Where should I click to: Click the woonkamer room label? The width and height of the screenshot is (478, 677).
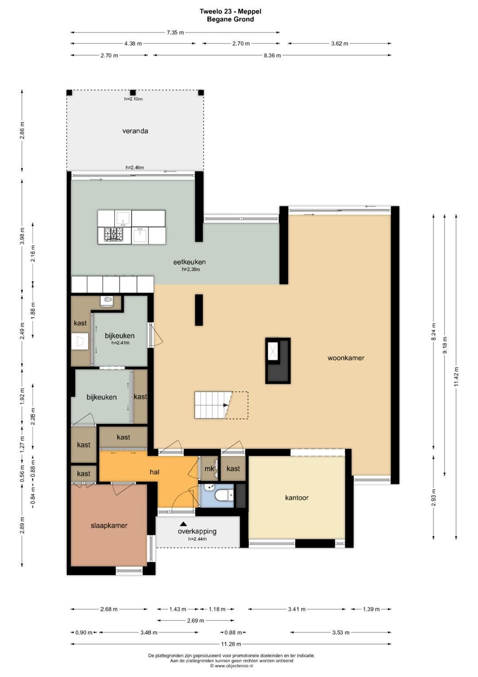click(346, 358)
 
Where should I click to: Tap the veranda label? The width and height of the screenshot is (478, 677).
click(135, 131)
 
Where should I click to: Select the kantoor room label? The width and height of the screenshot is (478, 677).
click(297, 498)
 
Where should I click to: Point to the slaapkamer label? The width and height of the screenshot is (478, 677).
click(109, 525)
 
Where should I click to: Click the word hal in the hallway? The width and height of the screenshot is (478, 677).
click(154, 472)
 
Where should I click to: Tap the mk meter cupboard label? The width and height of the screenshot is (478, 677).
click(209, 469)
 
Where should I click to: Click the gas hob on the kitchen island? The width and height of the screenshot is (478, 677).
click(114, 234)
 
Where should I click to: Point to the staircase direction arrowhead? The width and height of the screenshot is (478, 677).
click(225, 405)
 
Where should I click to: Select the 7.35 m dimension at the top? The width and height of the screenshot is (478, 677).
click(175, 32)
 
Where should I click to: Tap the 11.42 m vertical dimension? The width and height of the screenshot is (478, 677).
click(456, 376)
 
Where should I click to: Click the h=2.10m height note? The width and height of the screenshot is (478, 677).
click(133, 99)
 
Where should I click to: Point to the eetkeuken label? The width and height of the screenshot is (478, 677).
click(189, 262)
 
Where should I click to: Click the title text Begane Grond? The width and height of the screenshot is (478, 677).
click(230, 20)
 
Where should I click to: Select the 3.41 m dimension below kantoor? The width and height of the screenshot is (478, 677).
click(297, 609)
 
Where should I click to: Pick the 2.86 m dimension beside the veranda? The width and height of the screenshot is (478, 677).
click(22, 130)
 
